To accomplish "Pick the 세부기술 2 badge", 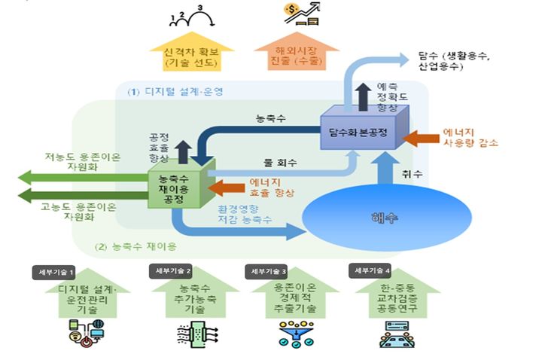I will tap(172, 270).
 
